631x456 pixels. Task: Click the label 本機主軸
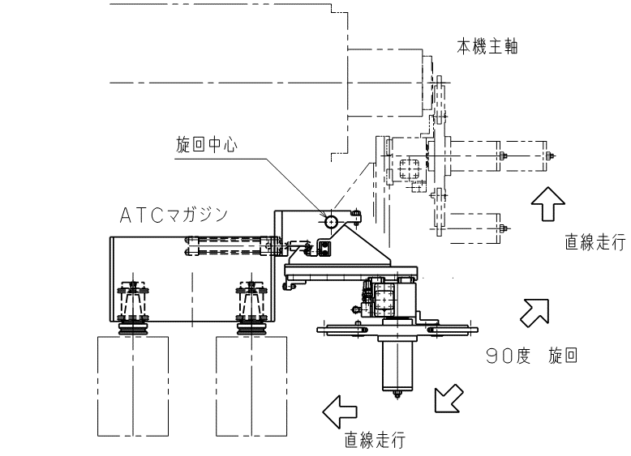(x=487, y=47)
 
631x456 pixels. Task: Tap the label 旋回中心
(x=207, y=145)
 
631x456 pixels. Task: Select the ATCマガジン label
(x=174, y=215)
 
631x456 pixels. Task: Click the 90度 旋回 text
(x=531, y=356)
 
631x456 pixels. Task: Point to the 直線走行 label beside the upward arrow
(x=595, y=242)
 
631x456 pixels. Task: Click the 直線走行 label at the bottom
(x=375, y=441)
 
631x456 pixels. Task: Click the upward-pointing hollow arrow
(x=547, y=203)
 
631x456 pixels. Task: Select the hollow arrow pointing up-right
(x=534, y=313)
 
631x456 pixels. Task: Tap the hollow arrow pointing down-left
(x=449, y=398)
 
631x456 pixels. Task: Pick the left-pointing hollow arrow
(x=340, y=411)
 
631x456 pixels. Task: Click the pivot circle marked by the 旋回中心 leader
(x=331, y=221)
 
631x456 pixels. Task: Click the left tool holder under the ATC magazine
(x=132, y=307)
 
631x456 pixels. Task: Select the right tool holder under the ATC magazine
(x=251, y=307)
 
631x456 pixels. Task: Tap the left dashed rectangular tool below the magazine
(x=133, y=386)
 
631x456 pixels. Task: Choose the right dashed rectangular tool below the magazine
(x=251, y=386)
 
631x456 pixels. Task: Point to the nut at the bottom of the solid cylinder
(x=397, y=394)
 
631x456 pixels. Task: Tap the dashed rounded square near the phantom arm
(x=410, y=169)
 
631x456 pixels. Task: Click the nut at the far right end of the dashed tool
(x=550, y=156)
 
